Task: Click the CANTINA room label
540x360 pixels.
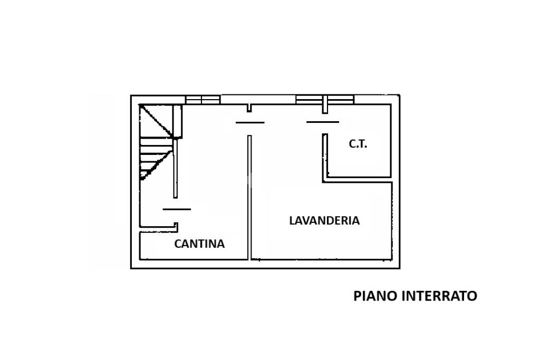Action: pos(199,244)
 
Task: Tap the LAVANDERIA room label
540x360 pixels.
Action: pos(324,221)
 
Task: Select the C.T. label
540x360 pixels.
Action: pos(358,143)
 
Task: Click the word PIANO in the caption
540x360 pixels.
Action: pos(375,296)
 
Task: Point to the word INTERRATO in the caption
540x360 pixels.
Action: pos(439,296)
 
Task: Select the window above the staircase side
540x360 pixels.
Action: pos(202,100)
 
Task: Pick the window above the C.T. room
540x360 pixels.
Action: pos(325,99)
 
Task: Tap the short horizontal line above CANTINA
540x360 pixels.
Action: pos(177,209)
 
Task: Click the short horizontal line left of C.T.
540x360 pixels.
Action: pos(323,122)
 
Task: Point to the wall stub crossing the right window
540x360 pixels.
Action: pos(325,104)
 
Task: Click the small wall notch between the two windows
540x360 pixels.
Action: pos(249,108)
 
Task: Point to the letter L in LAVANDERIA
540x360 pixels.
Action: pos(292,221)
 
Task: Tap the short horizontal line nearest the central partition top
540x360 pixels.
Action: pos(250,122)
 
